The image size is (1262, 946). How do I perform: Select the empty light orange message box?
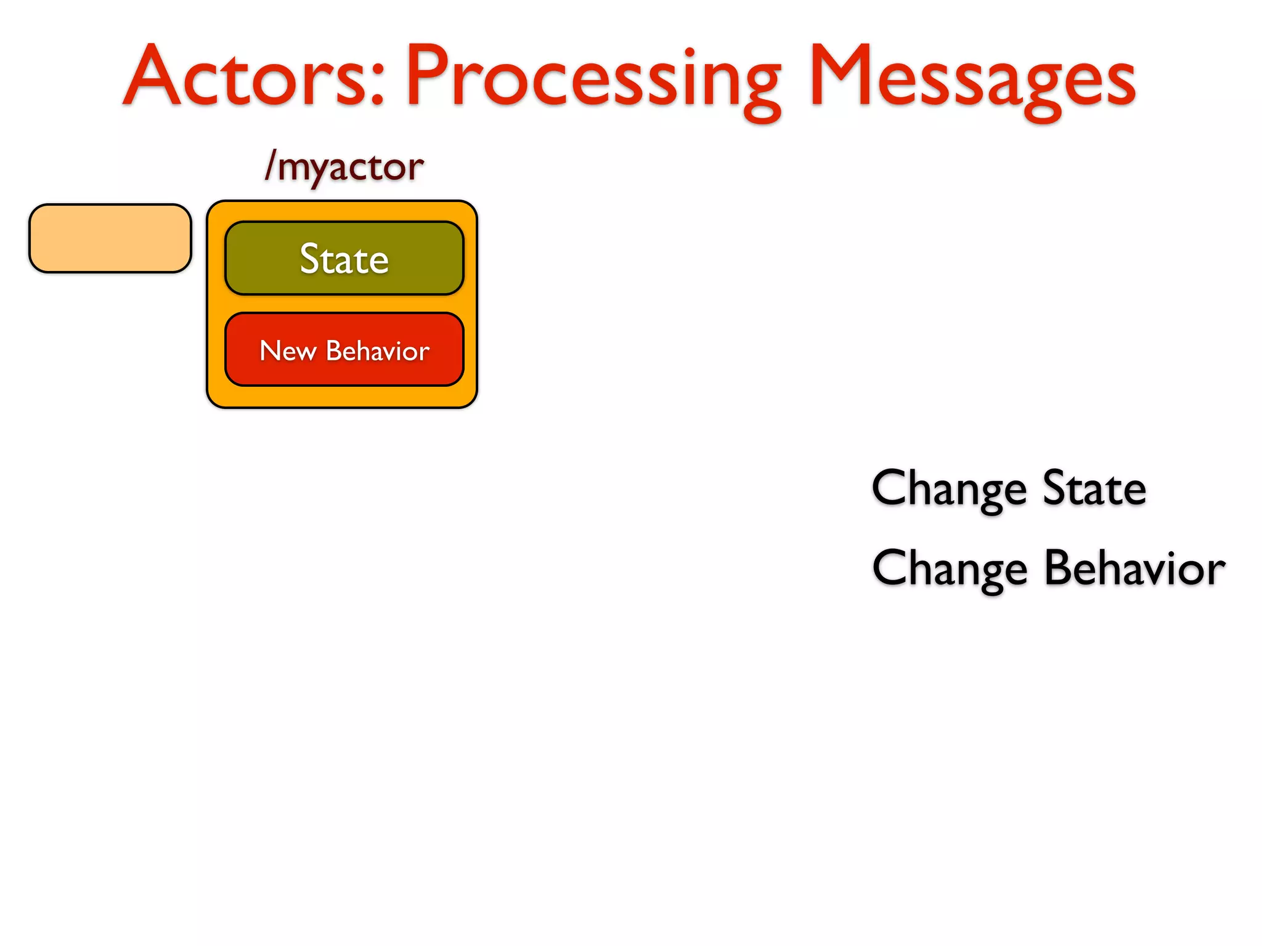(110, 238)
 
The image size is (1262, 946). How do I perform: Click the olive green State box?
(344, 258)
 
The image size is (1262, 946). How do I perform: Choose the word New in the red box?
(288, 351)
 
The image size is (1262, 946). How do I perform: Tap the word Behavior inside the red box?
(377, 351)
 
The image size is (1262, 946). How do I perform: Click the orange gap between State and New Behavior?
(344, 304)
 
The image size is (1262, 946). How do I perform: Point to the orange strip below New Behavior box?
(342, 397)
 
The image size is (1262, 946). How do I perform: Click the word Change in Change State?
(949, 488)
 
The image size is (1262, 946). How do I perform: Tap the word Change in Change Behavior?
(949, 568)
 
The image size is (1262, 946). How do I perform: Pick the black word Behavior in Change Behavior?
(1134, 568)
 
